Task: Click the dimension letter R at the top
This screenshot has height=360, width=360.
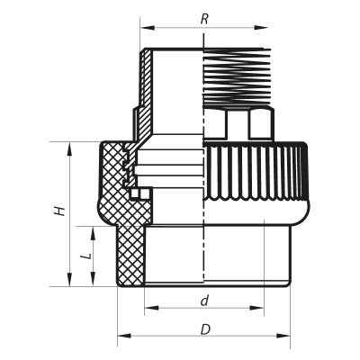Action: [204, 17]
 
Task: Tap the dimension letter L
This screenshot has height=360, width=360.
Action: [86, 256]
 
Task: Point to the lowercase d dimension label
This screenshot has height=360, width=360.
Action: [205, 300]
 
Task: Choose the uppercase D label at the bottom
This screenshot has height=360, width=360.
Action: [205, 329]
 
